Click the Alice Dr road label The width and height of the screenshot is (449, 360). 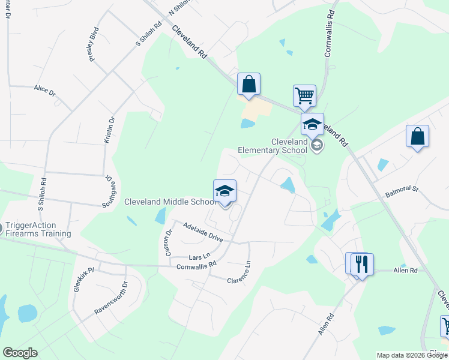44,91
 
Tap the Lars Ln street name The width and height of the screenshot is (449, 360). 199,256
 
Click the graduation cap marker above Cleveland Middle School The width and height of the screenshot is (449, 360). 225,191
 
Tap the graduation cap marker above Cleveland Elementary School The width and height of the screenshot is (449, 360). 312,124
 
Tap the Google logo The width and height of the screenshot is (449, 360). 19,353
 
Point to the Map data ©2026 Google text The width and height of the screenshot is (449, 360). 412,355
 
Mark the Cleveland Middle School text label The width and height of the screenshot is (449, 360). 170,202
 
